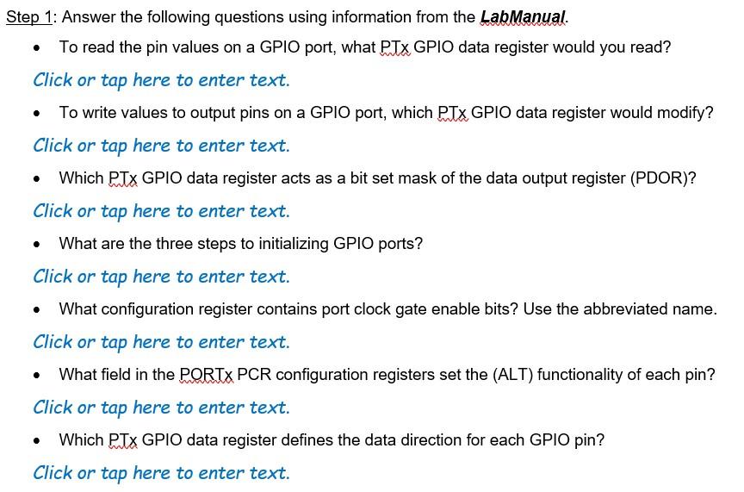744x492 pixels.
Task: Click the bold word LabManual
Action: pyautogui.click(x=523, y=17)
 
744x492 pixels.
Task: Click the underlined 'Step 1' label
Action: pyautogui.click(x=30, y=17)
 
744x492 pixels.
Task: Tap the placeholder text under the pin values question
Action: pyautogui.click(x=161, y=80)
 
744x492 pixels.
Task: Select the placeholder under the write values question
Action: pyautogui.click(x=161, y=146)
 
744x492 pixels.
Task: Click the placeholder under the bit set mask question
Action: pyautogui.click(x=161, y=211)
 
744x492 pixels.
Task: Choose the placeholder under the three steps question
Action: pyautogui.click(x=161, y=277)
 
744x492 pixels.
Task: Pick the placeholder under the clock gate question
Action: pyautogui.click(x=161, y=342)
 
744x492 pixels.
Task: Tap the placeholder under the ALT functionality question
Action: pyautogui.click(x=161, y=408)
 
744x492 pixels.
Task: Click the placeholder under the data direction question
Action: pyautogui.click(x=161, y=473)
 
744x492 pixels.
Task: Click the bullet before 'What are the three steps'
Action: pyautogui.click(x=36, y=244)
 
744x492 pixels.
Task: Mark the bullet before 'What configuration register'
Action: pyautogui.click(x=36, y=309)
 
